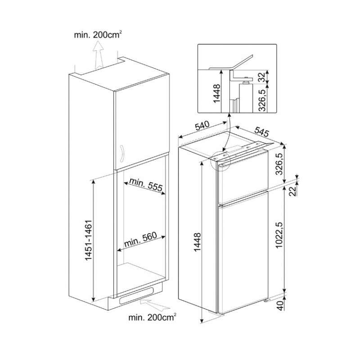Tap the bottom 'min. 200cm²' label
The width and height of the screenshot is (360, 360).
click(x=153, y=318)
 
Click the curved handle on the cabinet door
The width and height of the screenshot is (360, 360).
click(x=121, y=152)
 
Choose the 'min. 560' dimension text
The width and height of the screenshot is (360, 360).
click(x=140, y=239)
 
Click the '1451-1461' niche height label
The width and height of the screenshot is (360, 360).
click(x=88, y=240)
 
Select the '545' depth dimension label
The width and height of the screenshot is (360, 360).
click(x=261, y=132)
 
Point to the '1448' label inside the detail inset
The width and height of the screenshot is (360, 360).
click(x=216, y=94)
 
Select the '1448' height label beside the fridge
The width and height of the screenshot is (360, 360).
click(x=197, y=242)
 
